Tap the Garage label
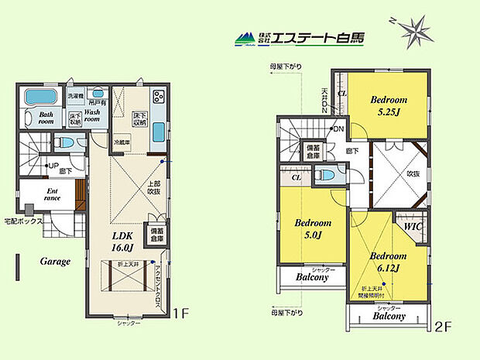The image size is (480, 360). (x=56, y=262)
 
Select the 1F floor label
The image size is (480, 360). (x=180, y=314)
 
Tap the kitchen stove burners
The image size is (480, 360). (x=159, y=98)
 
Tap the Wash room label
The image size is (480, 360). (x=92, y=116)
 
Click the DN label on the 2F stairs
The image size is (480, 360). (x=339, y=129)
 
